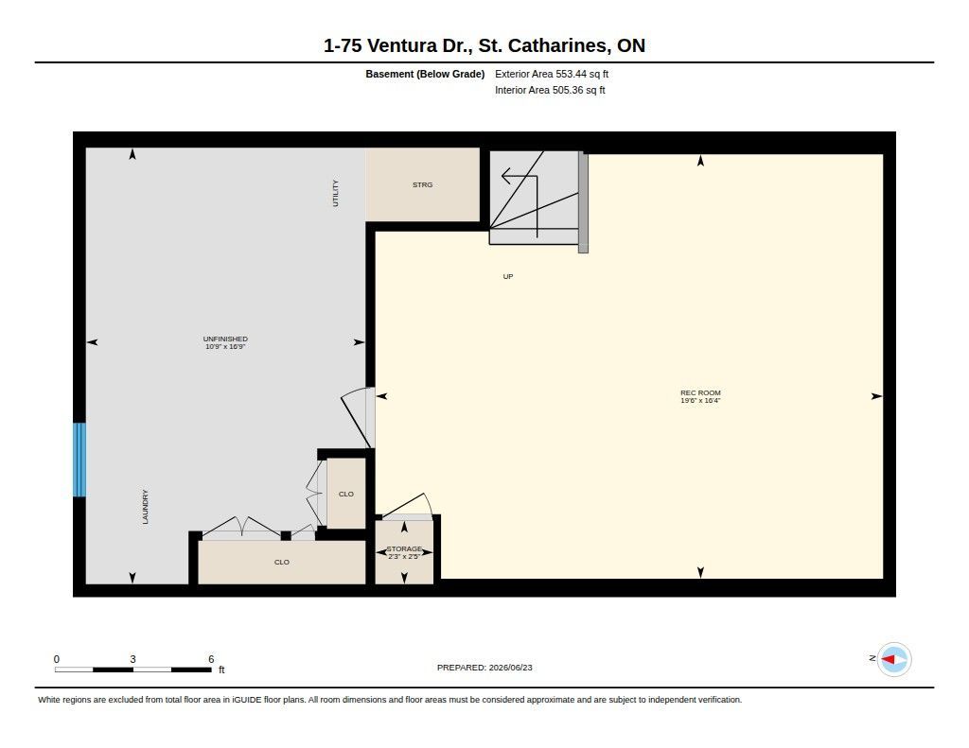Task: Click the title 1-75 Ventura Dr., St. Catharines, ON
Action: click(484, 45)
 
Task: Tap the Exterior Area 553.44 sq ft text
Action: click(552, 74)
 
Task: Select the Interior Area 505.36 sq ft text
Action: click(550, 90)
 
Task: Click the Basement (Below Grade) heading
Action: click(425, 74)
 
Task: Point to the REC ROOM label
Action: click(700, 392)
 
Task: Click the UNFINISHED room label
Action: click(225, 339)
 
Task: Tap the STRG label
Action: click(423, 184)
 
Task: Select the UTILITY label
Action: click(336, 193)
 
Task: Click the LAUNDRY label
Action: click(145, 507)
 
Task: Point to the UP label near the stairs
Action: click(508, 277)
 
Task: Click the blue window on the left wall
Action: click(79, 460)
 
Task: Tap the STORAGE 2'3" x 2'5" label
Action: click(404, 552)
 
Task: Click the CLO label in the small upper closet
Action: click(346, 495)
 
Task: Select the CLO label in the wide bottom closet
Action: click(282, 562)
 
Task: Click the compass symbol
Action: click(894, 660)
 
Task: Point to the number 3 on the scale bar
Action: click(132, 659)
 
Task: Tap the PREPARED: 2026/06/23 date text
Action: click(484, 668)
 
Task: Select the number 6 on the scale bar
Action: click(211, 659)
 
